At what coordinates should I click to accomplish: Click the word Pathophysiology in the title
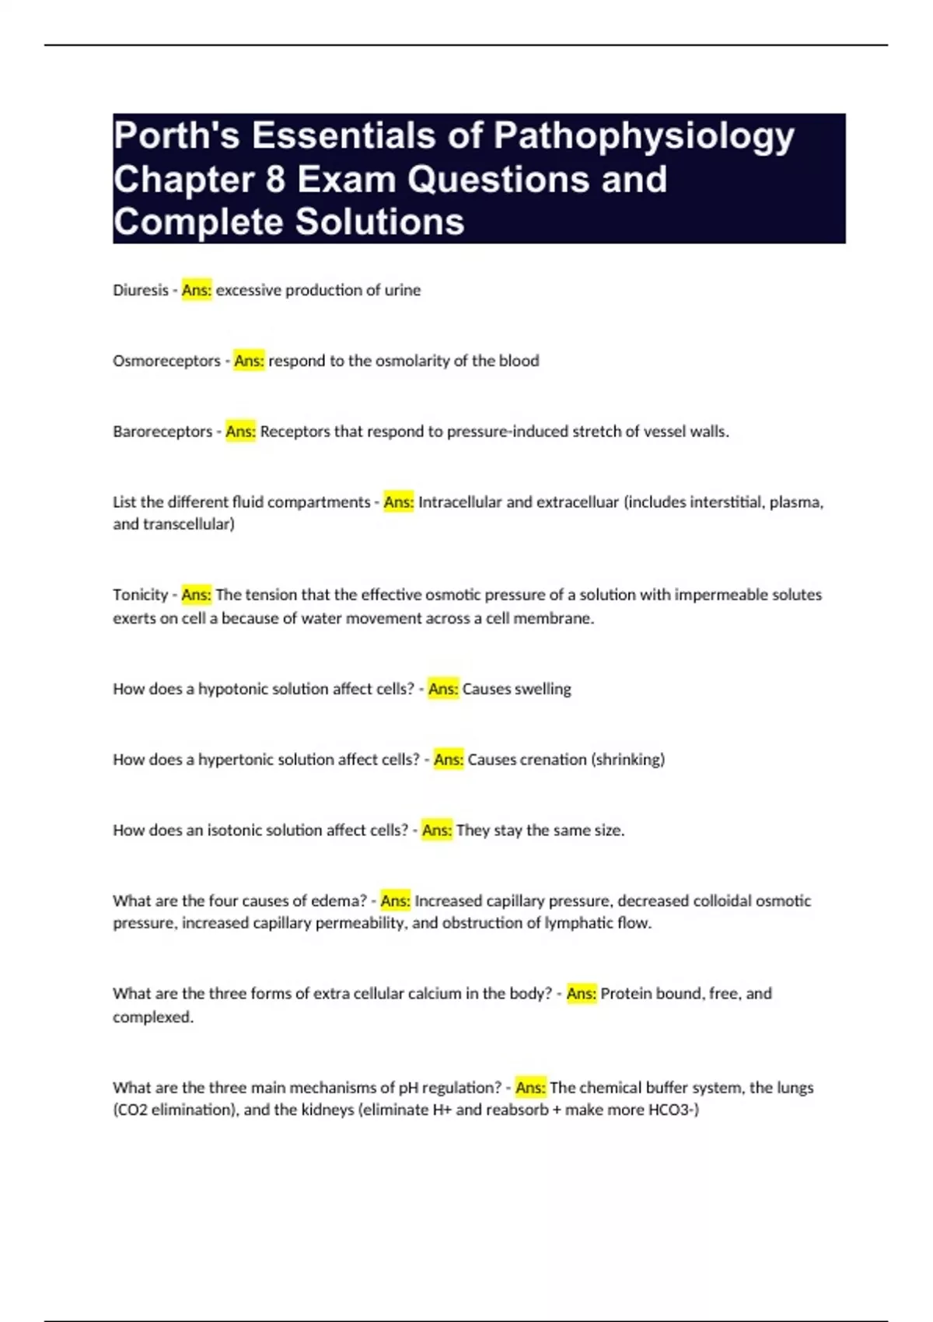click(644, 137)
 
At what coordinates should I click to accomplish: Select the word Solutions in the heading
click(379, 222)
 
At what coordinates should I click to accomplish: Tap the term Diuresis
click(140, 290)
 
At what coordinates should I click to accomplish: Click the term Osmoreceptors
click(166, 361)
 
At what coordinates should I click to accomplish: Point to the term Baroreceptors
click(162, 432)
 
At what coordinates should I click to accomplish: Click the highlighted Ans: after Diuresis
click(197, 290)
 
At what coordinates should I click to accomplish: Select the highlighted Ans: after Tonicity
click(196, 595)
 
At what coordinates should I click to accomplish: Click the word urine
click(403, 290)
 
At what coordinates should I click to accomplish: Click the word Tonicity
click(140, 595)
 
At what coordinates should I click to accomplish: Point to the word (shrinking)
click(628, 760)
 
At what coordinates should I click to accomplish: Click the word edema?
click(338, 901)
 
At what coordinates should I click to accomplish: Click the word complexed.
click(152, 1017)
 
